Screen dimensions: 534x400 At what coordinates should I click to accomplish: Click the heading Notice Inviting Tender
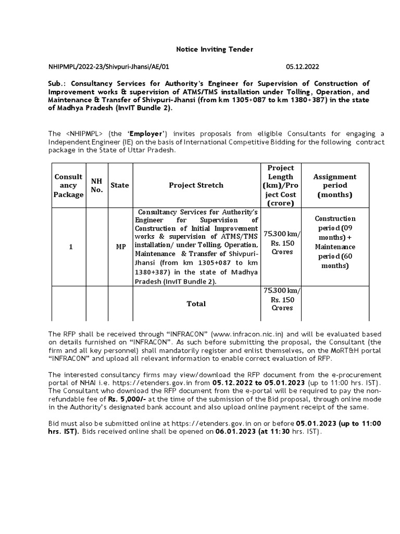215,49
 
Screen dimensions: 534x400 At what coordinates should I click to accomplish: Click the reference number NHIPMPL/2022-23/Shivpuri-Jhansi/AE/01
109,67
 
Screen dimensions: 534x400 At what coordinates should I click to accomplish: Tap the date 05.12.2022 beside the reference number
303,67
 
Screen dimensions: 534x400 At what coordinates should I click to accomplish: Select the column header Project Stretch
196,185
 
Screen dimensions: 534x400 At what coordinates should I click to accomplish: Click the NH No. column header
97,185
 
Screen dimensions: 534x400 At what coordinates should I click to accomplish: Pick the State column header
120,185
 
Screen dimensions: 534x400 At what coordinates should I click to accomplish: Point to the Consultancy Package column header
68,185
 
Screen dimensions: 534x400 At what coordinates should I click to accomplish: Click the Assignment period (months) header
334,185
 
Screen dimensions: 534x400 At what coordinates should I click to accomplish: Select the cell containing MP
120,247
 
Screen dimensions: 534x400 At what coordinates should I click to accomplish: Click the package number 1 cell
70,247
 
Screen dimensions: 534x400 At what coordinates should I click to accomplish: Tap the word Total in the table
196,304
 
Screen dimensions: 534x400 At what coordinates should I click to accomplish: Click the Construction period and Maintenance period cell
335,242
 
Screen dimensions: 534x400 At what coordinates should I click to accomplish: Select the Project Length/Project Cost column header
281,185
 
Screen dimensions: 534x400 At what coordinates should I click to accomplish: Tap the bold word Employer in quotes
146,133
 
